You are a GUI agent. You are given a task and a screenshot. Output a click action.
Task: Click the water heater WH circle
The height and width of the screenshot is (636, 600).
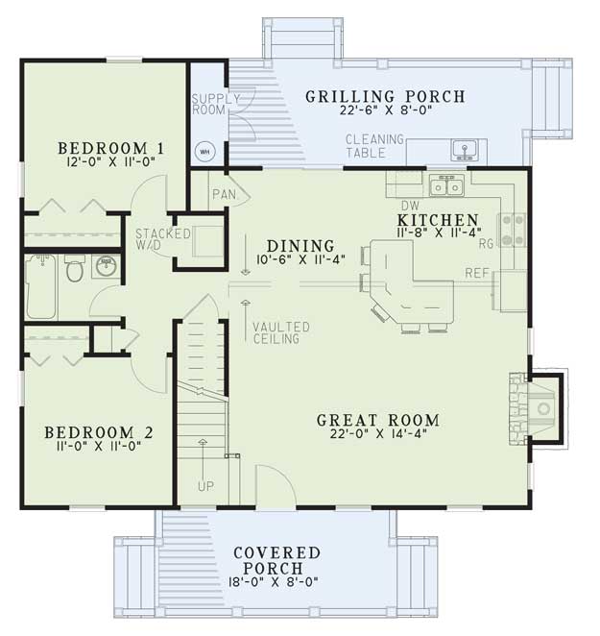[x=205, y=152]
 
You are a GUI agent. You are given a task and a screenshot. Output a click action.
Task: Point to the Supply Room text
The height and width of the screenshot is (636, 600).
[x=215, y=105]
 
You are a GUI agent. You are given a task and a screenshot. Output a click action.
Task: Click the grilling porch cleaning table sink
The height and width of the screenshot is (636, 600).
[x=464, y=149]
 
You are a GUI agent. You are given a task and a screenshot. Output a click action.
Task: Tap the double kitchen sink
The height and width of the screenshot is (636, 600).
[x=446, y=186]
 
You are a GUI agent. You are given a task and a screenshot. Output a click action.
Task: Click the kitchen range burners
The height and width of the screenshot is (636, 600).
[x=514, y=230]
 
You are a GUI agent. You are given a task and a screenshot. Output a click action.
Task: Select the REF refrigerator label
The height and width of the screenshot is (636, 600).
[x=477, y=273]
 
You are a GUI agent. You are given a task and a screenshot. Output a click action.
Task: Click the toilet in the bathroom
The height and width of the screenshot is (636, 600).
[x=75, y=268]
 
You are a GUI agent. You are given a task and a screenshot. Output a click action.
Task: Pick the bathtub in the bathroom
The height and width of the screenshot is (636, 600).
[x=40, y=286]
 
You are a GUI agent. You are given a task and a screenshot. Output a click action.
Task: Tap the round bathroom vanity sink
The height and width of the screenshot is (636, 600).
[x=107, y=266]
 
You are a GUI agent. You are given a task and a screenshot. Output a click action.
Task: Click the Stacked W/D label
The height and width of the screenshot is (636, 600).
[x=162, y=239]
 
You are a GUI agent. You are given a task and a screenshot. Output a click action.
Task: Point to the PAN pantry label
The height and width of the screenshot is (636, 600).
[x=225, y=194]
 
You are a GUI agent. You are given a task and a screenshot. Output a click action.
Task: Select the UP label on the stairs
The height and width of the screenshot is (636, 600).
[x=206, y=486]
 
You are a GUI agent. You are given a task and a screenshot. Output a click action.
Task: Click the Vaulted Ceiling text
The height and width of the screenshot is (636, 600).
[x=281, y=333]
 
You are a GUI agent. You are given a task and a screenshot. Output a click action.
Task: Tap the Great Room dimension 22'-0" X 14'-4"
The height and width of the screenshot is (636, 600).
[x=378, y=433]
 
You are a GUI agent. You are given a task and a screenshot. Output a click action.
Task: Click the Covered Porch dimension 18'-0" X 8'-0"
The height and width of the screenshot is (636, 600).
[x=273, y=582]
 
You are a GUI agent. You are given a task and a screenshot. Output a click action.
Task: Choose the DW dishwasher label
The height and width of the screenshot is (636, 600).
[x=410, y=206]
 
